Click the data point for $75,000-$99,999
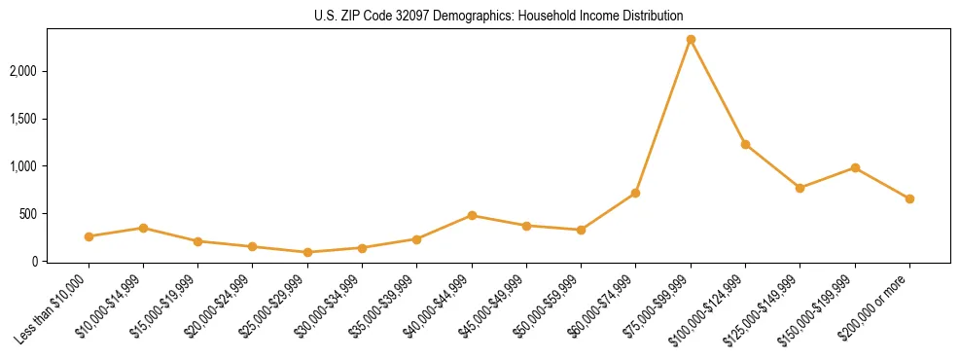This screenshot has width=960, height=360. pyautogui.click(x=691, y=39)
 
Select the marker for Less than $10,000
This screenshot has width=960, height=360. pyautogui.click(x=89, y=236)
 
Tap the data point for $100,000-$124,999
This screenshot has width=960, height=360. pyautogui.click(x=745, y=144)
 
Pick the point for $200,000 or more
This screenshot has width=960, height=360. pyautogui.click(x=909, y=198)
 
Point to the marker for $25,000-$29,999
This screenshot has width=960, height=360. pyautogui.click(x=307, y=252)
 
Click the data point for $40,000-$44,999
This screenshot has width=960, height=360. pyautogui.click(x=472, y=215)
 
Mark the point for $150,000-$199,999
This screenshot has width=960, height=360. pyautogui.click(x=855, y=167)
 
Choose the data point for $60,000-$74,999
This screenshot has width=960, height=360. pyautogui.click(x=636, y=193)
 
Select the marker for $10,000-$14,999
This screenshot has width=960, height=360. pyautogui.click(x=143, y=228)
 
